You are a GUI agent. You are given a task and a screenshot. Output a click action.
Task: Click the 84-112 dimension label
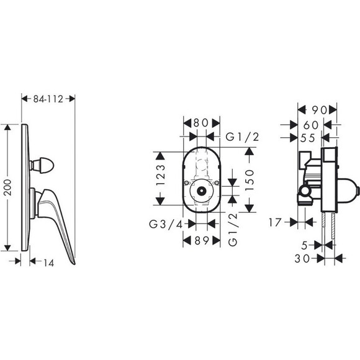(x=48, y=98)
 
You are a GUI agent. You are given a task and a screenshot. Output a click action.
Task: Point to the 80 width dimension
(x=199, y=123)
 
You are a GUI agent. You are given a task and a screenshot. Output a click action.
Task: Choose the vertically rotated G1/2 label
(x=234, y=230)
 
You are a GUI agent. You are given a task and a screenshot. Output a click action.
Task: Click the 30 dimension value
(x=302, y=256)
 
